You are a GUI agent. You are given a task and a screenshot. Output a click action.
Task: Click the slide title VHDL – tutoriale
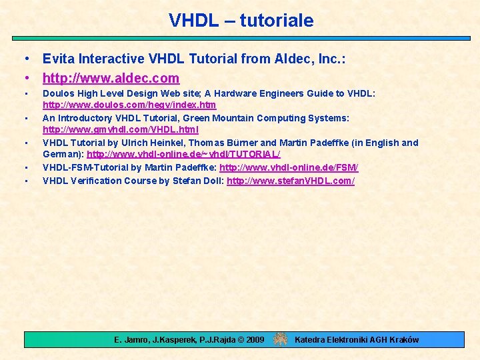[241, 21]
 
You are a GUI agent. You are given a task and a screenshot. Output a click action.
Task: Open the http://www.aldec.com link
[111, 78]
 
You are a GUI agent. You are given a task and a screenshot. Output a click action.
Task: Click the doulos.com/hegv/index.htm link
[129, 105]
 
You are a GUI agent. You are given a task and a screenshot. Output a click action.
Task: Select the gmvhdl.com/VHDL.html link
[121, 129]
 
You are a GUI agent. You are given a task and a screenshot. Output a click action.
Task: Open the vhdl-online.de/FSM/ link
[289, 167]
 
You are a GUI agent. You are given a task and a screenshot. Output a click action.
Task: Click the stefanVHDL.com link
[290, 181]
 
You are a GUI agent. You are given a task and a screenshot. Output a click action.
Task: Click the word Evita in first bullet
[58, 59]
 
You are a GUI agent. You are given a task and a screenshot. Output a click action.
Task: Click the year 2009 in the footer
[255, 340]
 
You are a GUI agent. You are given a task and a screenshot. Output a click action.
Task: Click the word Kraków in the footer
[404, 340]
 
